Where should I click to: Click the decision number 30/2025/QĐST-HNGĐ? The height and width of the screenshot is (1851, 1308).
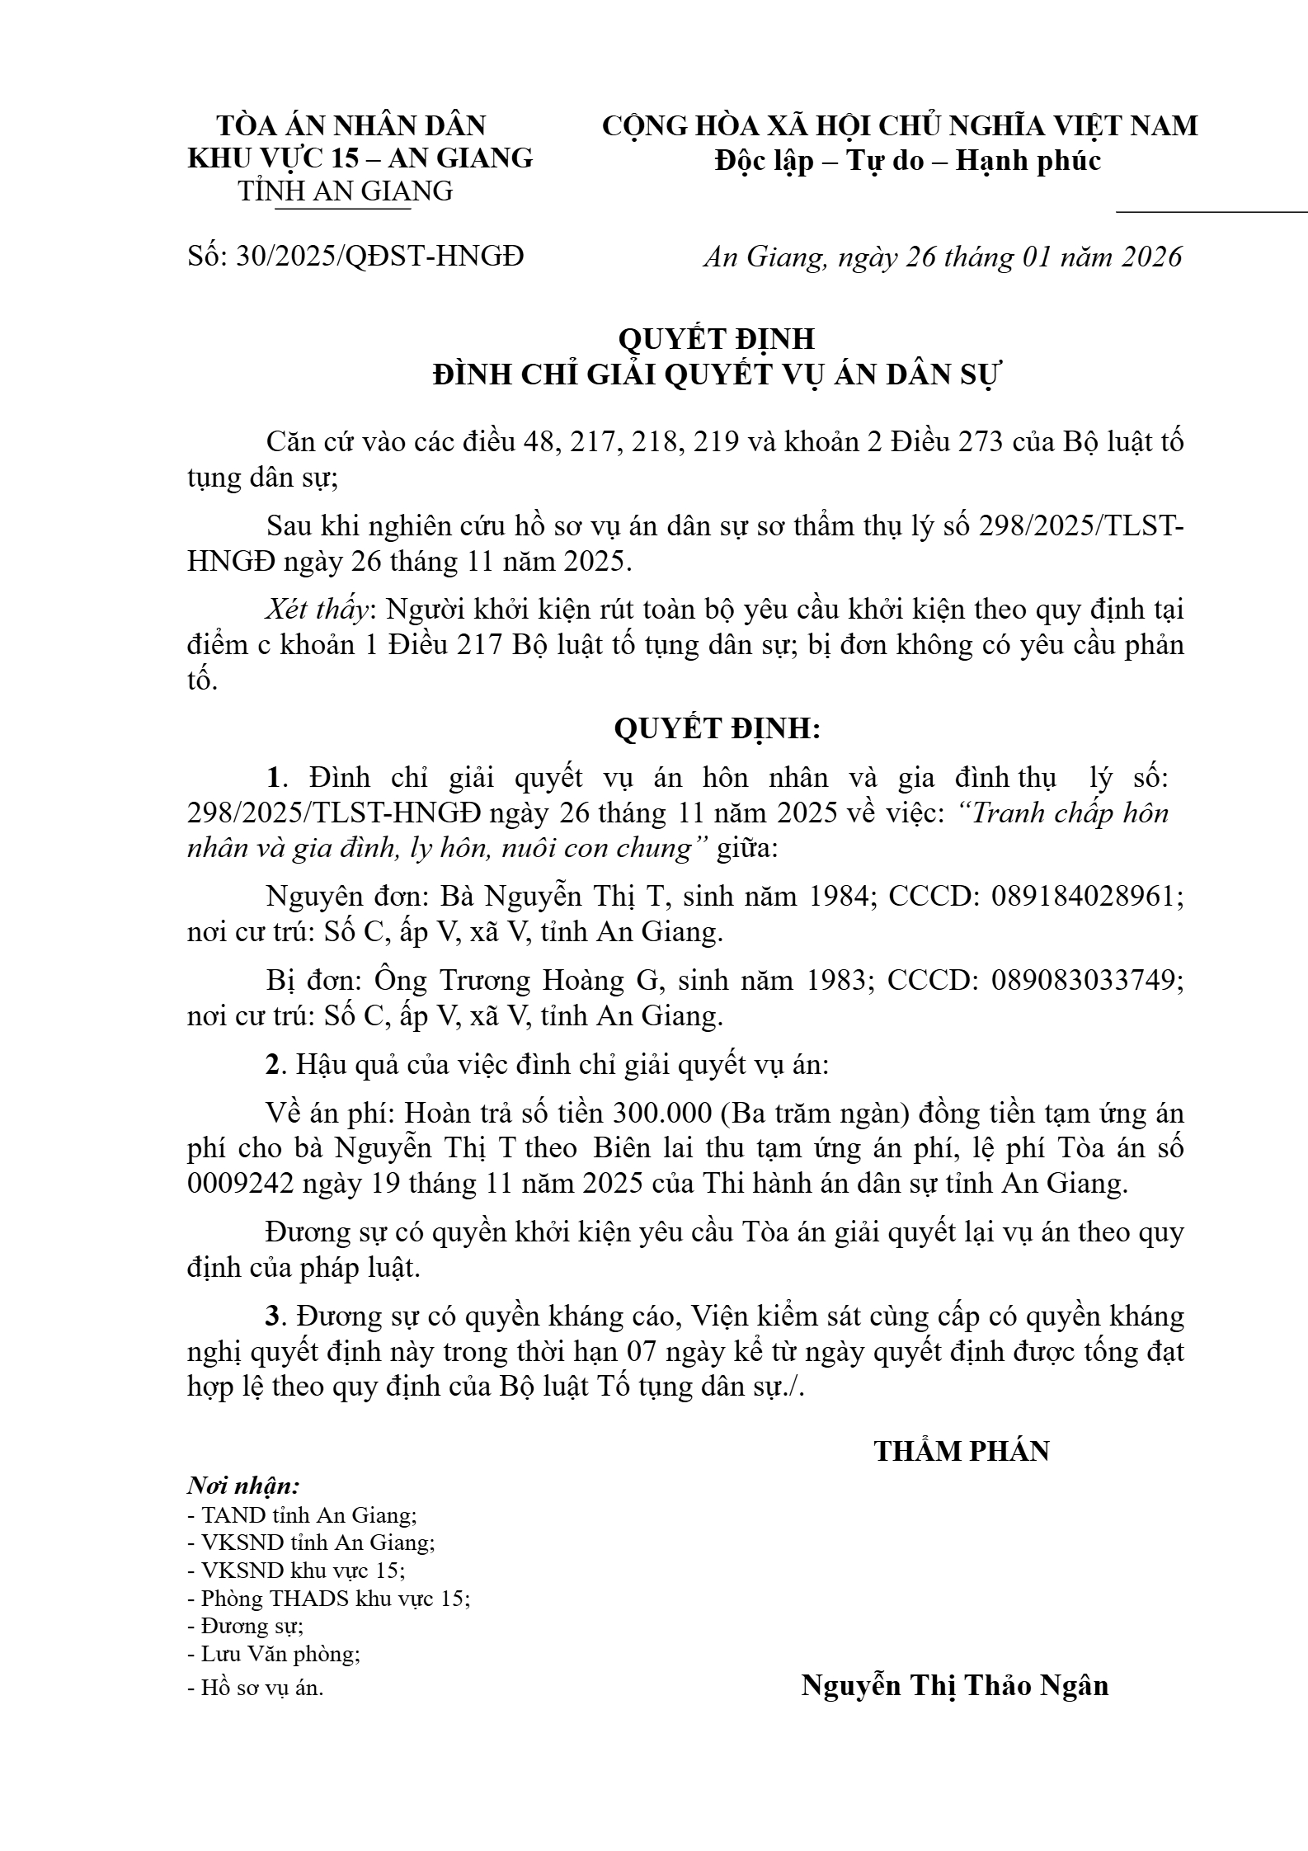pos(379,257)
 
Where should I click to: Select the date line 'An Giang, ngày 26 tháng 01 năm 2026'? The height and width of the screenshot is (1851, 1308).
pos(942,257)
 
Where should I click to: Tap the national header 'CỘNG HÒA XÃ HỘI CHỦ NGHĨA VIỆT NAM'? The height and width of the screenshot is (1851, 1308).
pos(900,126)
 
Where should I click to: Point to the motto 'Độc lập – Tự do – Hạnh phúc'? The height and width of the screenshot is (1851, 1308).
pos(907,160)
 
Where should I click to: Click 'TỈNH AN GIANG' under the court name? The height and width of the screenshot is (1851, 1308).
pos(346,191)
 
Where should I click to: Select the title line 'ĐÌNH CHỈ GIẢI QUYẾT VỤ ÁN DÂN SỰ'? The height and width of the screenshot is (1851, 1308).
pos(716,375)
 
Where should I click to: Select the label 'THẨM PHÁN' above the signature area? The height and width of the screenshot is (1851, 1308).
pos(961,1452)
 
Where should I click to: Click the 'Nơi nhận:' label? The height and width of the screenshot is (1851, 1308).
pos(243,1486)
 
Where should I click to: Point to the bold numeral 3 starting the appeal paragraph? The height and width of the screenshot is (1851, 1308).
pos(272,1316)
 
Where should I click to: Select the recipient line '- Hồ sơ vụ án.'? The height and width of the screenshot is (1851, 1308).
pos(256,1688)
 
